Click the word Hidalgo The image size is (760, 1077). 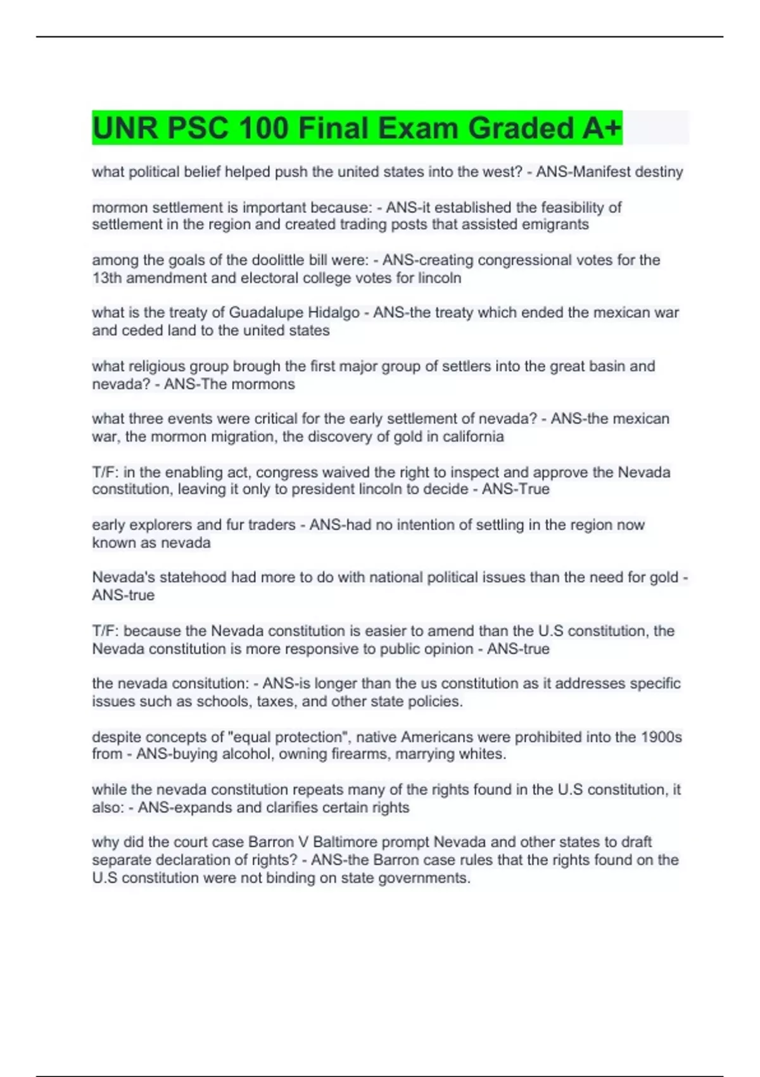334,313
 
